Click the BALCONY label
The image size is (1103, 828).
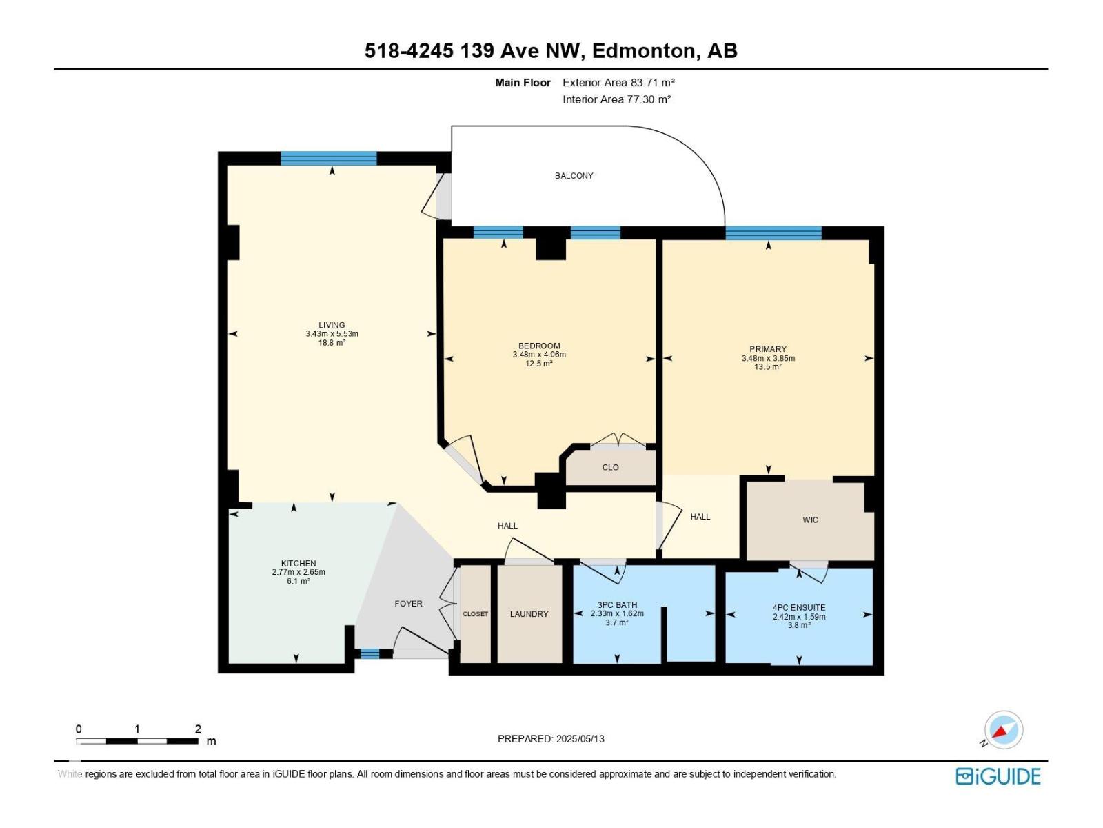574,176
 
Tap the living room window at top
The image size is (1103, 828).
329,158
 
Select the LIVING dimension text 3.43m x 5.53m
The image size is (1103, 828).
332,334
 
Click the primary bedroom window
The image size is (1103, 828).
773,233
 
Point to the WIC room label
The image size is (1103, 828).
810,520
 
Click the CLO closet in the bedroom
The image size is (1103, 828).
610,467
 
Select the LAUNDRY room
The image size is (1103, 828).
529,614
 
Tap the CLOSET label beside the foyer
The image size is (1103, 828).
475,614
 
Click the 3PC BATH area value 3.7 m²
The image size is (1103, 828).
616,623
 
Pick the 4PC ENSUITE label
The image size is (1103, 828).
798,608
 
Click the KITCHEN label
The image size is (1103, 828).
298,564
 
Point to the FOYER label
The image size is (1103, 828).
408,604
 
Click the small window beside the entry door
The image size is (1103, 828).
370,653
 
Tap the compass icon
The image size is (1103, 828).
1003,730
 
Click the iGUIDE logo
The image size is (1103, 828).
998,776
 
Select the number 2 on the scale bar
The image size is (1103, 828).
198,729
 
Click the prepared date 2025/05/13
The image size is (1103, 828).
580,739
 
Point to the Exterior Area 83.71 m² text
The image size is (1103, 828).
618,83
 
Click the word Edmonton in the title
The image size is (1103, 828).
644,51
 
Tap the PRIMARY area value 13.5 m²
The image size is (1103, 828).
767,367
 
